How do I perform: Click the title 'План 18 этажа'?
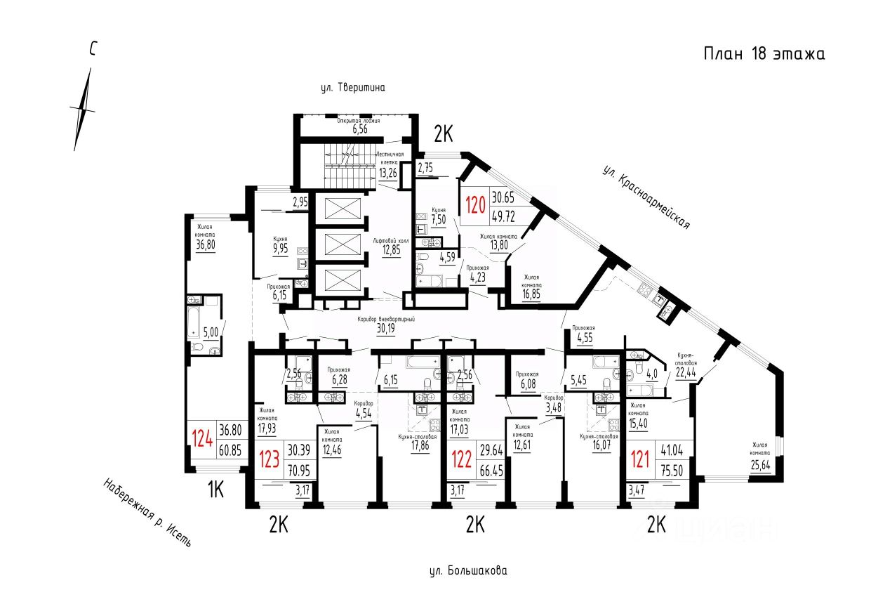point(764,54)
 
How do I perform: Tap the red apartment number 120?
point(476,207)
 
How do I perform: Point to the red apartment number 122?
point(461,459)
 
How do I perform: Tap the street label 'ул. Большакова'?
point(467,571)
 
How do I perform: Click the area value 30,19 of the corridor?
point(385,327)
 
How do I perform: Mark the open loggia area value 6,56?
point(360,129)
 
